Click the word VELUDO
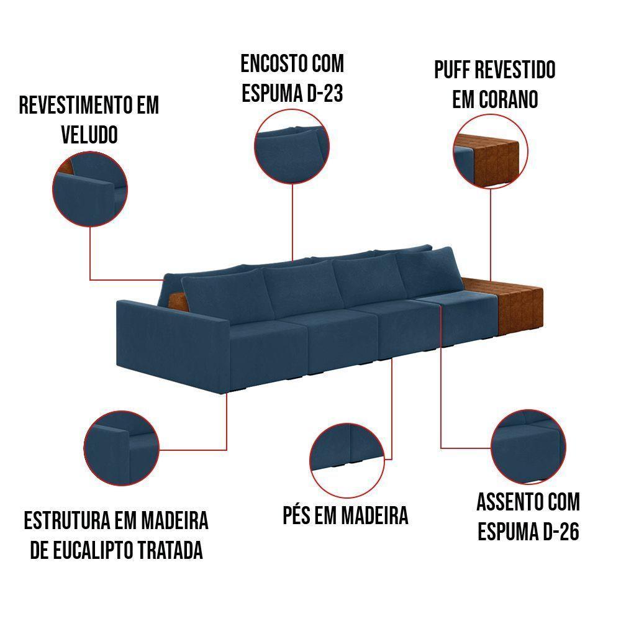pyautogui.click(x=89, y=135)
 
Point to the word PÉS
pyautogui.click(x=297, y=515)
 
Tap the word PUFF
pyautogui.click(x=453, y=70)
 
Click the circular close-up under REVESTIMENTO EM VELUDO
pyautogui.click(x=91, y=186)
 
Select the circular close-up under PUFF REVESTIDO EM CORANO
pyautogui.click(x=490, y=151)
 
